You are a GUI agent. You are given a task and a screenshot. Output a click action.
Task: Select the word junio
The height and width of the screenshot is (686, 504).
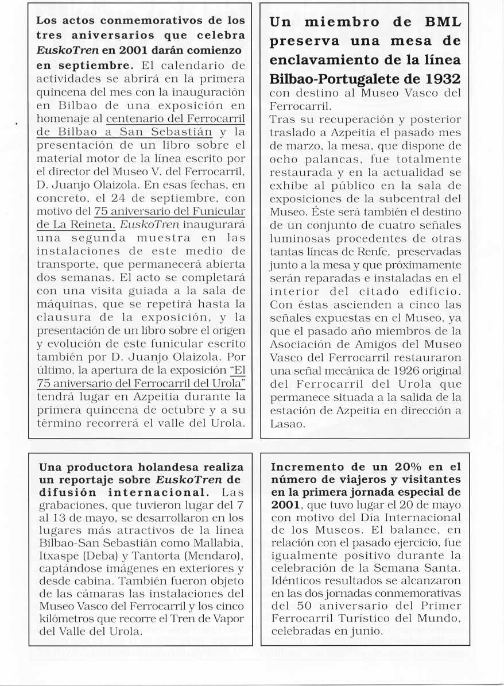coord(365,630)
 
